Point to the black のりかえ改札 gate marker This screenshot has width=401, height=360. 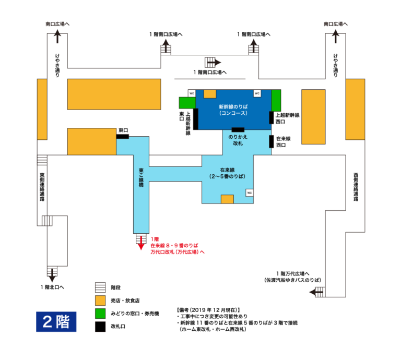tap(238, 129)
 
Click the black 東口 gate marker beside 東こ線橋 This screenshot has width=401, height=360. tap(123, 137)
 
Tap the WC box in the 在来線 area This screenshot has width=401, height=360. tap(250, 193)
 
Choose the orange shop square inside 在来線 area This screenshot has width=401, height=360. tap(227, 199)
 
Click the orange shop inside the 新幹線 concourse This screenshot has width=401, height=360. tap(210, 94)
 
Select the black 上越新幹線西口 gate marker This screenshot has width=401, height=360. tap(271, 117)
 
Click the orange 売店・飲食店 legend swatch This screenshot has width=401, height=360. tap(100, 301)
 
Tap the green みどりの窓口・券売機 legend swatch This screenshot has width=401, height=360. tap(100, 314)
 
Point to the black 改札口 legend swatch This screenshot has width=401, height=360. tap(100, 327)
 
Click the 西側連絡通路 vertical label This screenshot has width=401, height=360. tap(356, 187)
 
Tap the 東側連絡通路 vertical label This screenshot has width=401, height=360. tap(42, 187)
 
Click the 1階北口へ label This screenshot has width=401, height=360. tap(52, 287)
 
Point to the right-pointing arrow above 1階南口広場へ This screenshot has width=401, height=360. tap(214, 62)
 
